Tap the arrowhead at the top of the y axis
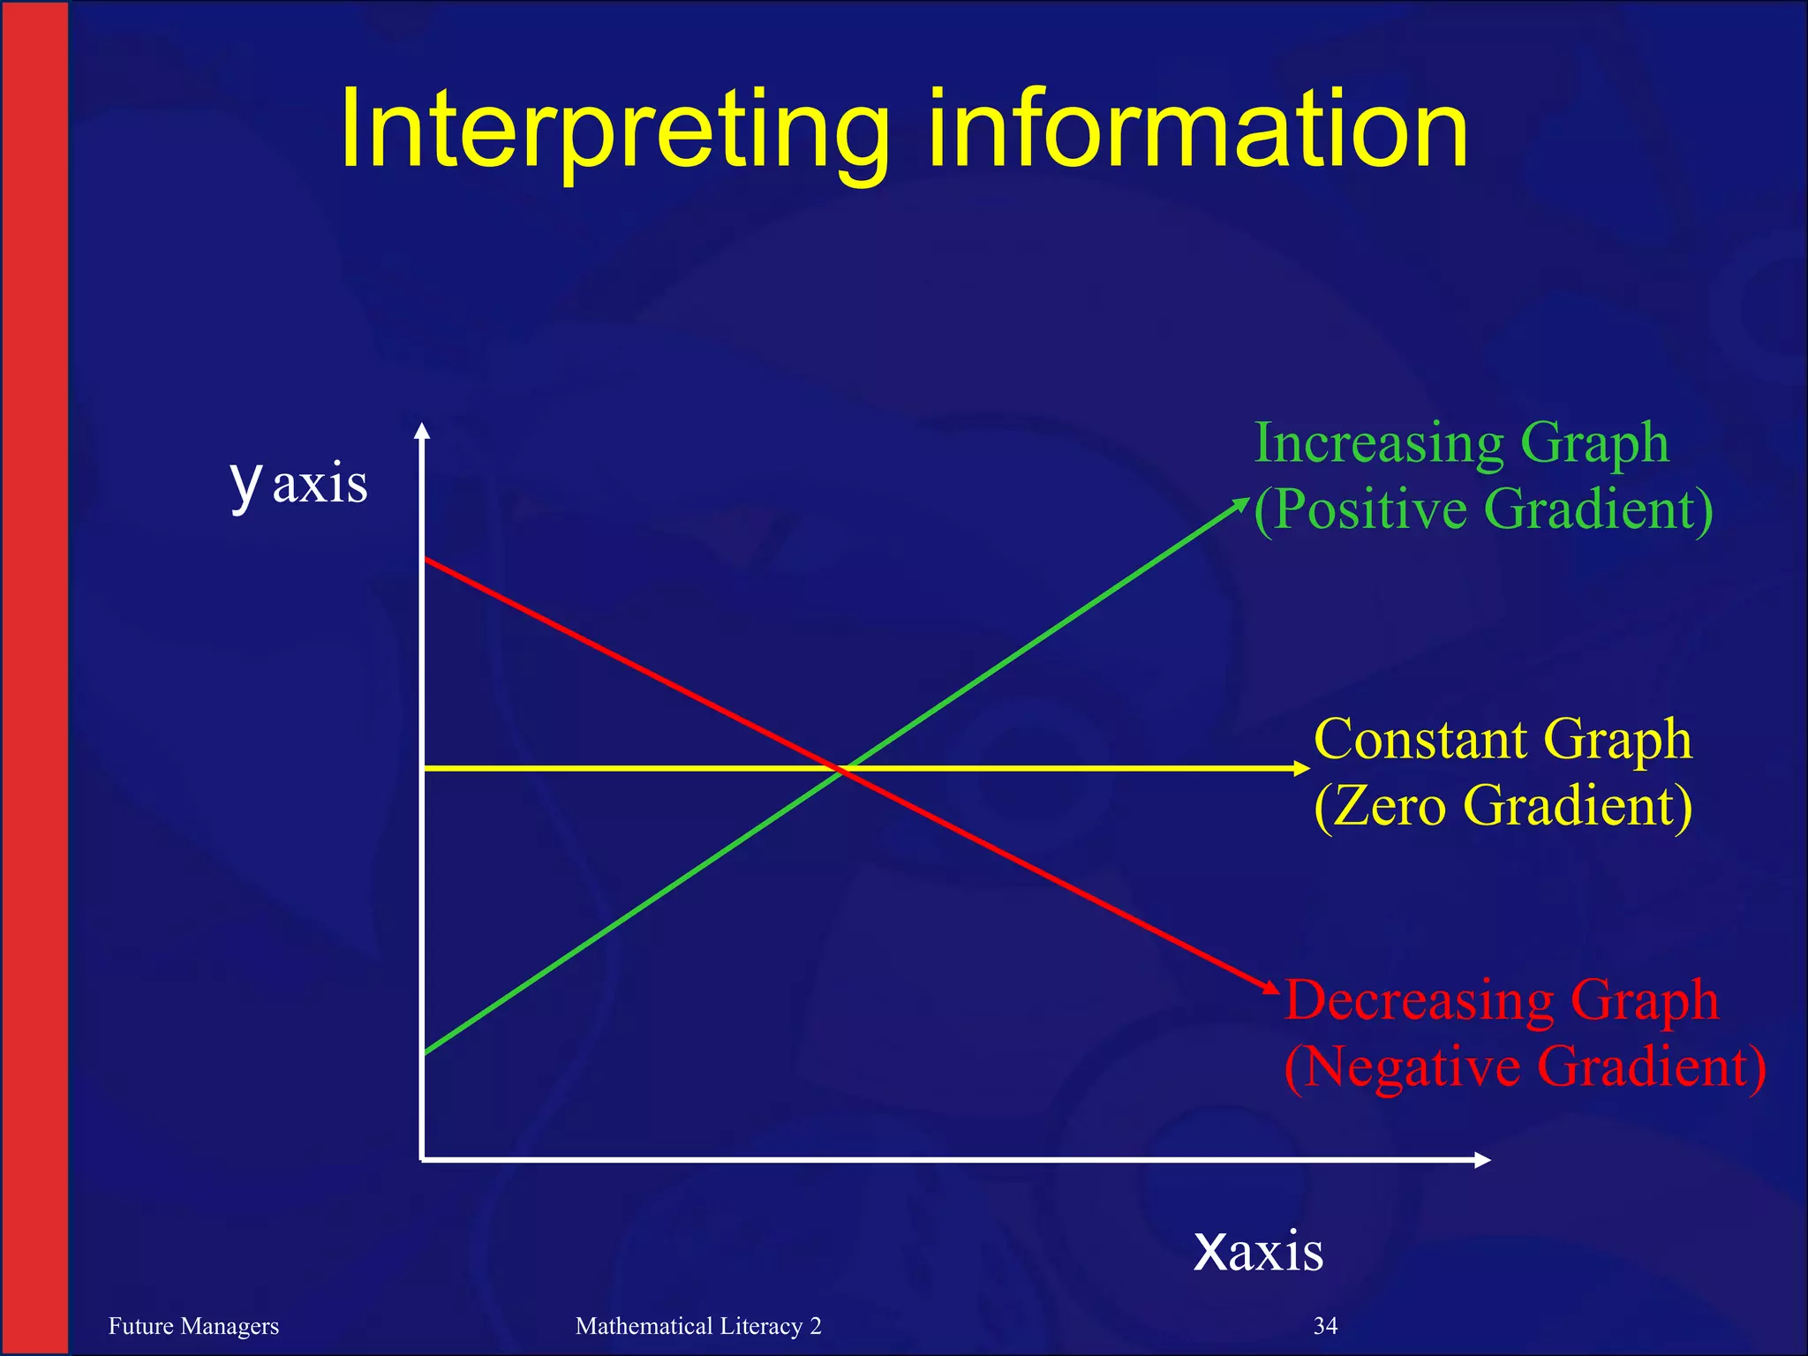tap(423, 432)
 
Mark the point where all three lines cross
tap(843, 769)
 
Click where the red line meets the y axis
tap(426, 559)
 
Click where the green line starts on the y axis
tap(426, 1052)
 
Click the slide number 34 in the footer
tap(1325, 1326)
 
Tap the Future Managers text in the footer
tap(193, 1326)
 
